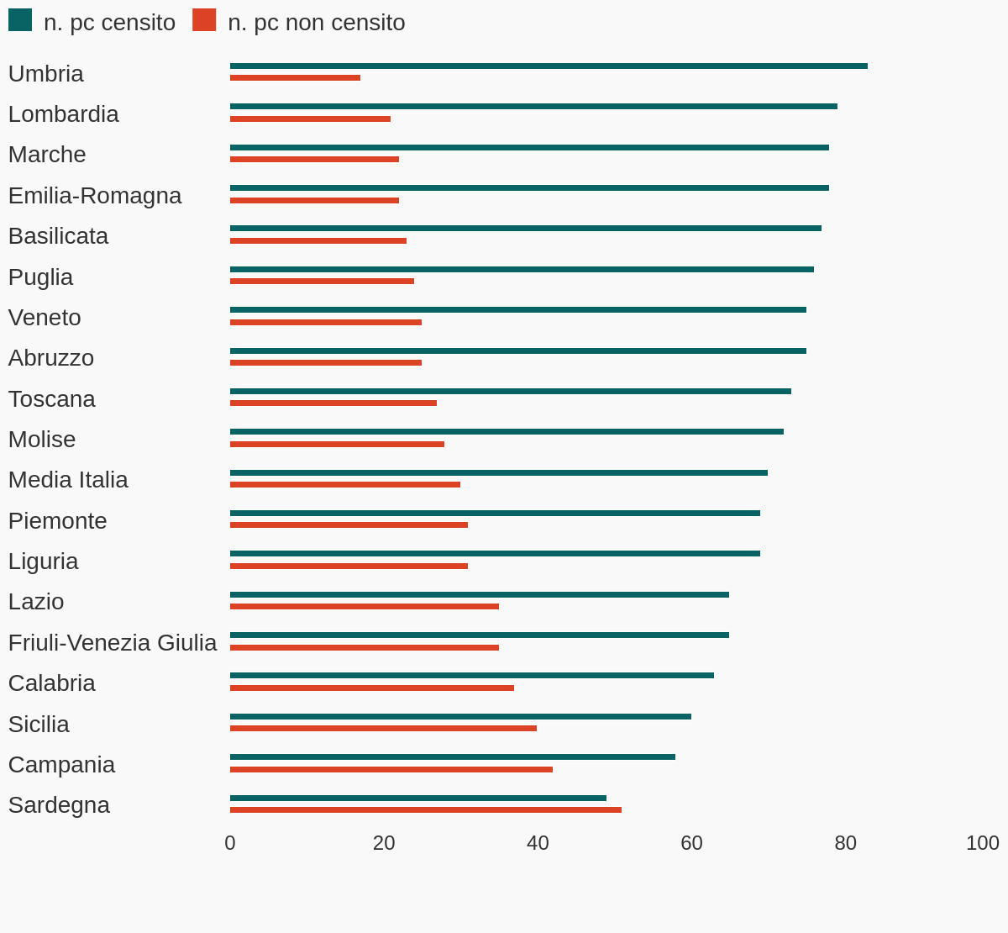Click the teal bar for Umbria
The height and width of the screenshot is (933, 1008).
pyautogui.click(x=549, y=66)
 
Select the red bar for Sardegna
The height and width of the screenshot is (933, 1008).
pyautogui.click(x=426, y=810)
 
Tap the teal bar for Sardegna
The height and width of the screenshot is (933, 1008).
pyautogui.click(x=418, y=798)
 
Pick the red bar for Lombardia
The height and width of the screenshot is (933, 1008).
pyautogui.click(x=310, y=119)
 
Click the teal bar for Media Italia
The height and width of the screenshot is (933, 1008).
pyautogui.click(x=499, y=472)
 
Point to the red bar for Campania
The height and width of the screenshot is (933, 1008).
pyautogui.click(x=391, y=769)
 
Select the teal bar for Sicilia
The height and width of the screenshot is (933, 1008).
pyautogui.click(x=460, y=716)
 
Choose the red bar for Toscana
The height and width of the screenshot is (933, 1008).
pyautogui.click(x=333, y=403)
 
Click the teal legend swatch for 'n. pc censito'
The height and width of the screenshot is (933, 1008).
pyautogui.click(x=20, y=20)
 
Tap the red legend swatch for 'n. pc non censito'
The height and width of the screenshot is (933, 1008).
pyautogui.click(x=204, y=20)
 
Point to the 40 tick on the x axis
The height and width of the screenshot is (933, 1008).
pyautogui.click(x=538, y=842)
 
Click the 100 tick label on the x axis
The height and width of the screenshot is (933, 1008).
pyautogui.click(x=982, y=842)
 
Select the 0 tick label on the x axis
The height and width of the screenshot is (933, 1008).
pyautogui.click(x=230, y=842)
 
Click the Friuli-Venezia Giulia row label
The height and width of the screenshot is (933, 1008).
pyautogui.click(x=113, y=642)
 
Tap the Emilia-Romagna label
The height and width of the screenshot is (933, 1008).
pyautogui.click(x=95, y=195)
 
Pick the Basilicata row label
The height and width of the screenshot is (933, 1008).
pyautogui.click(x=58, y=235)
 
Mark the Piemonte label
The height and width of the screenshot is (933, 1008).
pyautogui.click(x=57, y=520)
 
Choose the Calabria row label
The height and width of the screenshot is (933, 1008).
pyautogui.click(x=51, y=683)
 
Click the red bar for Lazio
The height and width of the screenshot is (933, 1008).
pyautogui.click(x=365, y=606)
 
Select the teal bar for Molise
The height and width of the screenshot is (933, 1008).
pyautogui.click(x=507, y=431)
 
